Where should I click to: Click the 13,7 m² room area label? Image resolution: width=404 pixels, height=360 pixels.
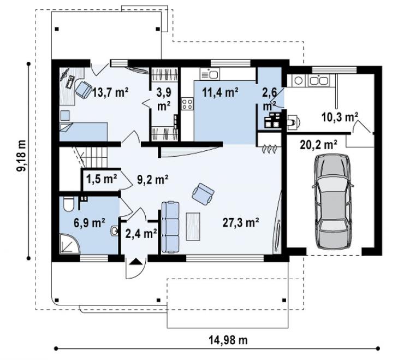point(110,92)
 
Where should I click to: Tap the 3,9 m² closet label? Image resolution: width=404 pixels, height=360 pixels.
point(164,99)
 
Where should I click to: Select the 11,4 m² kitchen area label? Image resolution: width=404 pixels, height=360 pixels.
point(220,92)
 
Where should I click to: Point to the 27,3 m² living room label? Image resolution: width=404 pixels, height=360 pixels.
point(241,222)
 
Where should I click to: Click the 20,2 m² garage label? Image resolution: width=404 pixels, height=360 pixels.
point(319,145)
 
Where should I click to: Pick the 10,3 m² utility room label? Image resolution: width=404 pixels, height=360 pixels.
point(340,117)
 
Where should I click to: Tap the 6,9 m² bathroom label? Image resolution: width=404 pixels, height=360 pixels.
point(89,223)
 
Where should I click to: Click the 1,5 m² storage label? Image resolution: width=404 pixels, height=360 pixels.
point(102,179)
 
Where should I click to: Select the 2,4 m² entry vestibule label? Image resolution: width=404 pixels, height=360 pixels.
point(141,234)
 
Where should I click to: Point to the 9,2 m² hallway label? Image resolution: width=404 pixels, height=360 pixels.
point(153,180)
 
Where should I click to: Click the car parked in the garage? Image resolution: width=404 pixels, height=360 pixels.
point(333,202)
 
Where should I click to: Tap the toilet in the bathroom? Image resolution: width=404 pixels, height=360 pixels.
point(69,204)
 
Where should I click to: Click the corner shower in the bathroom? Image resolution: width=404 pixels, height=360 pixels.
point(69,244)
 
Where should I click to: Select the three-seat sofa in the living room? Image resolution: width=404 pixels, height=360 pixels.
point(170,227)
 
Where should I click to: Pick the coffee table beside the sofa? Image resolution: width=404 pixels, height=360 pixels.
point(193,226)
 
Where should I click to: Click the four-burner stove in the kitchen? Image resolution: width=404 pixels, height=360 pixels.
point(187,104)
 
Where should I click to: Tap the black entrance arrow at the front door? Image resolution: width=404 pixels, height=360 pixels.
point(136,262)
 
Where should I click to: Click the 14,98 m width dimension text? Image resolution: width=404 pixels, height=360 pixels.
point(228,340)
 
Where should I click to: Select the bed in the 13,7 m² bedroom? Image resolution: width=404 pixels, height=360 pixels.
point(84,132)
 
